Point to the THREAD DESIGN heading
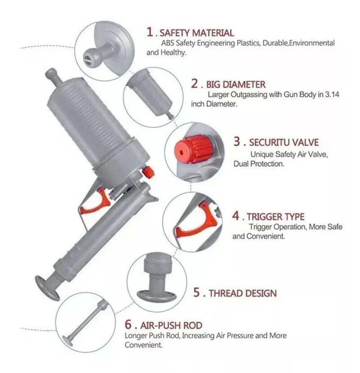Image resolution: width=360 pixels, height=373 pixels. pyautogui.click(x=242, y=293)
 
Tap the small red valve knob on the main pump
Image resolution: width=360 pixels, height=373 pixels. pyautogui.click(x=147, y=172)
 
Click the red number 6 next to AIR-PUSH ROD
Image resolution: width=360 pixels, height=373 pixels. pyautogui.click(x=128, y=325)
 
